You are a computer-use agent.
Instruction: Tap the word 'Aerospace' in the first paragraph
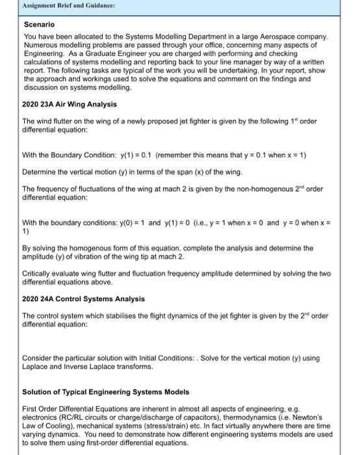pos(279,36)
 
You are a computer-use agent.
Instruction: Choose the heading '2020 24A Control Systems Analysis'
pos(84,299)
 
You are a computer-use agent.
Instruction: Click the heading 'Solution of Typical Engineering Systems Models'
pos(106,393)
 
